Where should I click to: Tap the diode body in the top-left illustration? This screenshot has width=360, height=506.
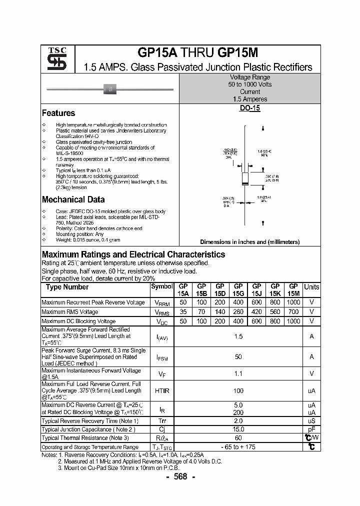[x=110, y=90]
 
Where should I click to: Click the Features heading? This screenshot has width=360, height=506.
[x=58, y=113]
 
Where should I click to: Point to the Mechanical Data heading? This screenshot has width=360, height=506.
[x=73, y=199]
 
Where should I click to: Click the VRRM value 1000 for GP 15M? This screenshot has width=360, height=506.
[x=293, y=302]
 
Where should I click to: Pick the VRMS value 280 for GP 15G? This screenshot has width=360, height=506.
[x=238, y=312]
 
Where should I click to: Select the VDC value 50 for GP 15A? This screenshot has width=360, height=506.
[x=183, y=321]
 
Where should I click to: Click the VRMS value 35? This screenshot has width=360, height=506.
[x=183, y=312]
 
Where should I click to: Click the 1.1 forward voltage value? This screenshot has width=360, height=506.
[x=238, y=373]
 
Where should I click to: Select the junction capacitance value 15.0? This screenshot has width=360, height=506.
[x=238, y=429]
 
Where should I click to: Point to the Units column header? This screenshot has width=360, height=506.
[x=311, y=287]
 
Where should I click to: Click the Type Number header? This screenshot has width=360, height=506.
[x=67, y=287]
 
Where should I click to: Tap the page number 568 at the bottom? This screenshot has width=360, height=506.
[x=180, y=476]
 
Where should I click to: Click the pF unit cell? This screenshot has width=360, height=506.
[x=311, y=429]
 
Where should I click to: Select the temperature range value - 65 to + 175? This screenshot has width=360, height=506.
[x=238, y=447]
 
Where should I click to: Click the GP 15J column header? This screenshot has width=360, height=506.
[x=256, y=290]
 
